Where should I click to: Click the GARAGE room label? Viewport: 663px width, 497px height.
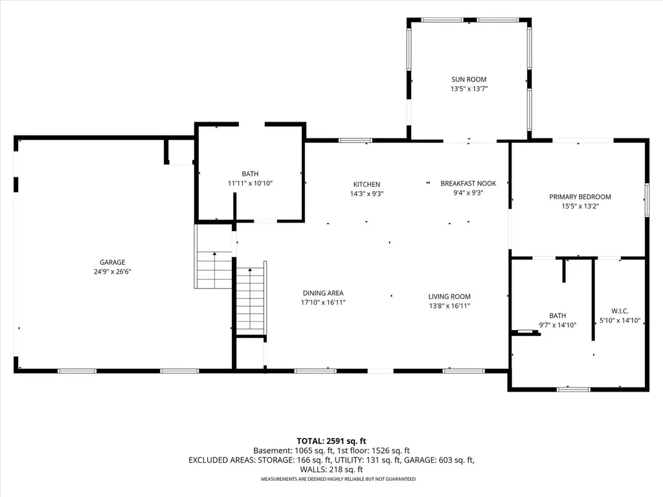click(113, 262)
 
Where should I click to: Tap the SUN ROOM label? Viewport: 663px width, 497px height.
click(469, 79)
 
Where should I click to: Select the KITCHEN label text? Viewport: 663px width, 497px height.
click(366, 184)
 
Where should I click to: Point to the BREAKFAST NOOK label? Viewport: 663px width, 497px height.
click(468, 183)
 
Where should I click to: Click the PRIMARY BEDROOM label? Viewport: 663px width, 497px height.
click(580, 197)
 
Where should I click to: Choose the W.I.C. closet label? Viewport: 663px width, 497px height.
click(620, 311)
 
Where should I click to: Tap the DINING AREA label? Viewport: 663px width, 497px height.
click(323, 293)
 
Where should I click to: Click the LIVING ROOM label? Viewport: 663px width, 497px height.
click(449, 296)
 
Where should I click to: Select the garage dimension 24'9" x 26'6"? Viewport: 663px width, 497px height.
click(113, 272)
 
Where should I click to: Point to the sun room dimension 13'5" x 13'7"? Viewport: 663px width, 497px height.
click(469, 89)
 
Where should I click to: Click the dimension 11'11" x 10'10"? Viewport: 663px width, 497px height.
click(251, 183)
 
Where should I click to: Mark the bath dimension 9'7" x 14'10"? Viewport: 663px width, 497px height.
click(557, 325)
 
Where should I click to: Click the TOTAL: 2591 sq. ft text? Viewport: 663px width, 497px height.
click(331, 441)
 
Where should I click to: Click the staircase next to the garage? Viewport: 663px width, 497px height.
click(214, 270)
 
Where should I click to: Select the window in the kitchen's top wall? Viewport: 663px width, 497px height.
click(355, 140)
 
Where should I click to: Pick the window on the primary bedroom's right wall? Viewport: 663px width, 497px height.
click(647, 200)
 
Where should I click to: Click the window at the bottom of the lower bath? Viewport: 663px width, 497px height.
click(574, 389)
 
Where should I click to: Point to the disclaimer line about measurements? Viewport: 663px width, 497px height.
click(338, 480)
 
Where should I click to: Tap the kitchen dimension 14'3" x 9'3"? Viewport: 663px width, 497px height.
click(366, 194)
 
